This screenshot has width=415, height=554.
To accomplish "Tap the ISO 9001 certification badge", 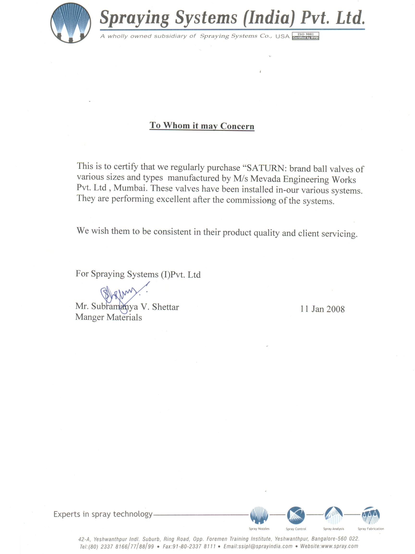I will (305, 36).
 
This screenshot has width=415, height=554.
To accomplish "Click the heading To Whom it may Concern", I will (202, 125).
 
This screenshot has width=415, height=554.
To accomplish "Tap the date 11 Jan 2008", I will (322, 309).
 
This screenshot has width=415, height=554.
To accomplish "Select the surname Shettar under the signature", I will (165, 307).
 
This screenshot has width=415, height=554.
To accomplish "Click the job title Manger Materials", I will (109, 317).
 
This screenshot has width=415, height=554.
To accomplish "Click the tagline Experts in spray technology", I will (103, 514).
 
